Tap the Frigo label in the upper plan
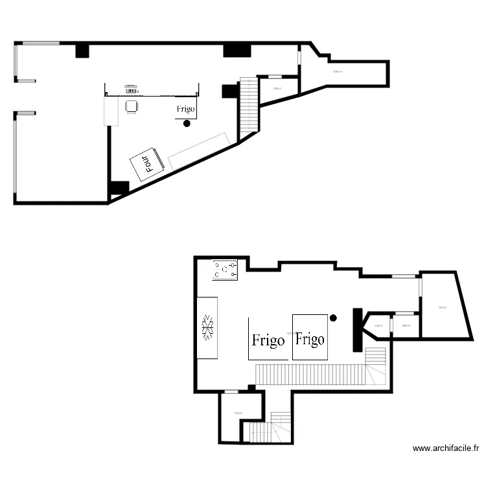(185, 109)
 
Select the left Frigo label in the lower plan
(268, 340)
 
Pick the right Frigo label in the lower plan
(310, 338)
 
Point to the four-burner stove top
(225, 270)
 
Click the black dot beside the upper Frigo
(187, 123)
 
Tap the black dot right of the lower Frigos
(333, 318)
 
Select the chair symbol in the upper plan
(132, 106)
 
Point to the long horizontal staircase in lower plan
(311, 374)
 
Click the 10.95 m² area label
(337, 72)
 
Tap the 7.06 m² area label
(238, 413)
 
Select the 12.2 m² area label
(441, 308)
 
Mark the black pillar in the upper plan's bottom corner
(119, 189)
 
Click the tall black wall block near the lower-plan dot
(356, 329)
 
